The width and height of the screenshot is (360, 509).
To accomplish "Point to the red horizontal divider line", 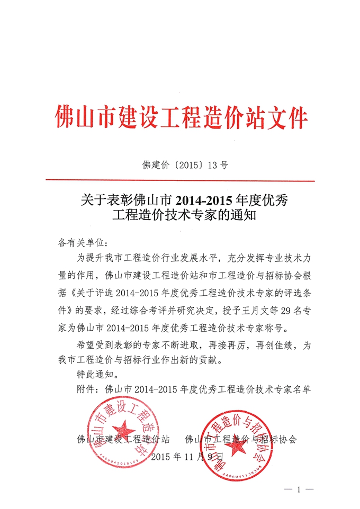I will tap(180, 181).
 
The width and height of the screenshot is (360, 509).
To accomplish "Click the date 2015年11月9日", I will tap(187, 456).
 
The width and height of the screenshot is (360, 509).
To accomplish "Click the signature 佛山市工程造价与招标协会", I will tap(241, 439).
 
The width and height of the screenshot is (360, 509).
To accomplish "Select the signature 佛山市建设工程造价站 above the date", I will tap(123, 439).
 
